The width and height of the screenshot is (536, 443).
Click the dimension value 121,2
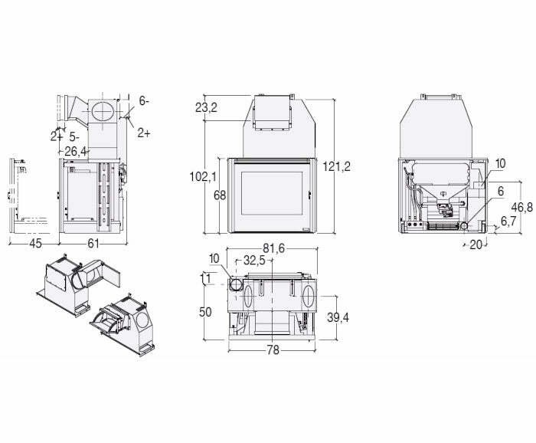click(x=337, y=166)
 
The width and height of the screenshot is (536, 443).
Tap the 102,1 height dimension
click(x=203, y=176)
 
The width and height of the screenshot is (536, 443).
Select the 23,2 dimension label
click(x=206, y=108)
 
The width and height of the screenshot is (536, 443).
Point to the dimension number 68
click(x=220, y=195)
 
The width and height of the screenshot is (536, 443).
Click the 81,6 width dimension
click(x=273, y=248)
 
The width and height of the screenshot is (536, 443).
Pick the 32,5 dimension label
click(x=255, y=261)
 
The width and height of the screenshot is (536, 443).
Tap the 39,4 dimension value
click(x=338, y=317)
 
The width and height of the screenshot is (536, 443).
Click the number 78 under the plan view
click(x=273, y=350)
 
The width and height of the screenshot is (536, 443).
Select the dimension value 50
click(x=205, y=312)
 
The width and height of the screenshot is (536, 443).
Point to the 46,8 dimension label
click(x=522, y=207)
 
